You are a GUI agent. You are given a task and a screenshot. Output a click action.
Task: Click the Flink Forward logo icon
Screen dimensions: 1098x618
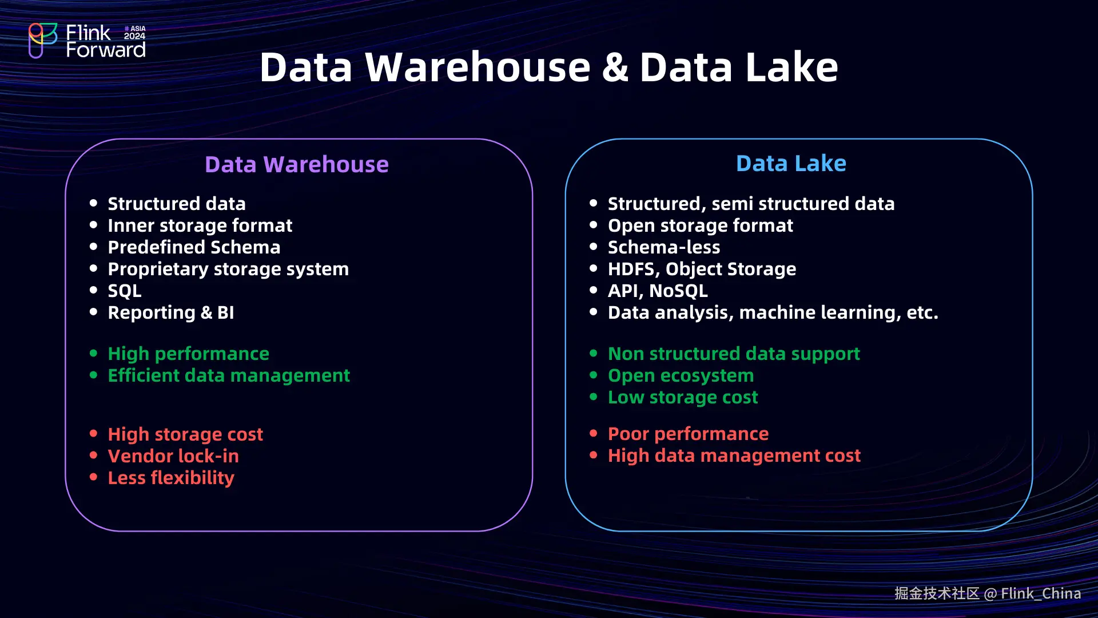click(43, 40)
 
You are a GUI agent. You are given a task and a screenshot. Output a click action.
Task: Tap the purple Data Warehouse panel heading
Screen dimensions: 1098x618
click(297, 164)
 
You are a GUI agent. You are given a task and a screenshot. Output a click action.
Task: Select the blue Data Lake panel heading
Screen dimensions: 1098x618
click(791, 164)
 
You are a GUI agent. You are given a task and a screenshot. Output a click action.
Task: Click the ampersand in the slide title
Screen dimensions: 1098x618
click(615, 68)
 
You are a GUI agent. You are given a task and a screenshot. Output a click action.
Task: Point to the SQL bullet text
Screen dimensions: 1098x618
click(125, 291)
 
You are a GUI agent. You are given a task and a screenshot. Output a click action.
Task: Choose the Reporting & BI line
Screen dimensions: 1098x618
click(171, 312)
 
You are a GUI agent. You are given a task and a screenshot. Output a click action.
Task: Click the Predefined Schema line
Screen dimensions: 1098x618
click(194, 247)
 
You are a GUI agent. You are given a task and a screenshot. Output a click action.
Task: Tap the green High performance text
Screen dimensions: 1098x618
click(188, 354)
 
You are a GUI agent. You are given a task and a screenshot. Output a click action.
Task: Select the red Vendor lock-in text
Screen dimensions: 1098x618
click(173, 456)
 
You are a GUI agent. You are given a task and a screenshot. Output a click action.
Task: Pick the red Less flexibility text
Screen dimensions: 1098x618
click(171, 478)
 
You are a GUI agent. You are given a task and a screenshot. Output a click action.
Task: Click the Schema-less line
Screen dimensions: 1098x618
click(664, 247)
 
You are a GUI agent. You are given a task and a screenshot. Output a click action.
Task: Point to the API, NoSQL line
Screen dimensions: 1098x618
click(658, 291)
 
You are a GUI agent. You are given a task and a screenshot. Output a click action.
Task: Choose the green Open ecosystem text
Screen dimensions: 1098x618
click(681, 375)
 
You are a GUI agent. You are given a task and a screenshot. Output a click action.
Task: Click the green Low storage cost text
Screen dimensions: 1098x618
click(683, 397)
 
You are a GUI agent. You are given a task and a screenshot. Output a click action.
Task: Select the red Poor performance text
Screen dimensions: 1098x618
click(688, 434)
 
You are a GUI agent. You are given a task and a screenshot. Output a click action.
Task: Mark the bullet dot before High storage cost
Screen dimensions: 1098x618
click(94, 434)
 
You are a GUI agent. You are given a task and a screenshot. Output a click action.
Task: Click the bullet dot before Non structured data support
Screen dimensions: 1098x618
click(594, 354)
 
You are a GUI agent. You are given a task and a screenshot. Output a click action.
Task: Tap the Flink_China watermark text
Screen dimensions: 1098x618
click(1041, 593)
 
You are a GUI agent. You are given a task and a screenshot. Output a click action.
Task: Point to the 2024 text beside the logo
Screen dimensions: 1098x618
click(135, 36)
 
